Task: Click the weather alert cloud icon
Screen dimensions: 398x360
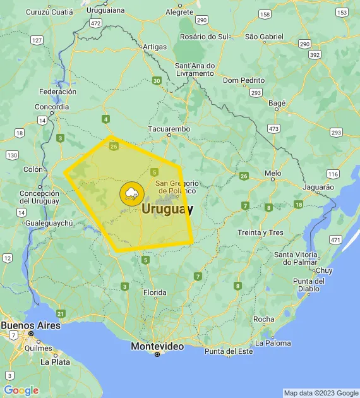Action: tap(131, 193)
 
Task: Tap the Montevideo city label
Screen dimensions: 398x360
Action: tap(157, 346)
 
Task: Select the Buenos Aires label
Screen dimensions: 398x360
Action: tap(30, 325)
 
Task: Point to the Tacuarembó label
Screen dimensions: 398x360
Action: tap(169, 129)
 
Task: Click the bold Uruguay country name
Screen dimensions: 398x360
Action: tap(167, 208)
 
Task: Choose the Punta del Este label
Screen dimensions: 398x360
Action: tap(228, 351)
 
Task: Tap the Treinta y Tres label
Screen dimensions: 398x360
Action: tap(260, 232)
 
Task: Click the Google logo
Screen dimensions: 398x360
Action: tap(21, 390)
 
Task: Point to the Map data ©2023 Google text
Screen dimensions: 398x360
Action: tap(320, 393)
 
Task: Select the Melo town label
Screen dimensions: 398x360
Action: tap(273, 172)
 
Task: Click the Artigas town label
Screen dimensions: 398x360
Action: tap(155, 47)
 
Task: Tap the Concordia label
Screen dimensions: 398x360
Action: tap(52, 107)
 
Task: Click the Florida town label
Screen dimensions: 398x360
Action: tap(155, 292)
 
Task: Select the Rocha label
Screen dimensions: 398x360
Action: tap(263, 319)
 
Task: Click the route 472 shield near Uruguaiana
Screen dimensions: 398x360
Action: tap(95, 23)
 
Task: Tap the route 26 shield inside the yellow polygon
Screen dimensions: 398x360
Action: tap(114, 147)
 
